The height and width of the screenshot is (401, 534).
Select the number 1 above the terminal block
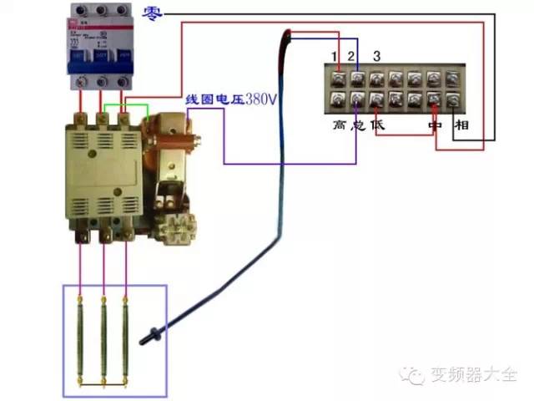pyautogui.click(x=335, y=57)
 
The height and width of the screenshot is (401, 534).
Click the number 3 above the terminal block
pyautogui.click(x=377, y=57)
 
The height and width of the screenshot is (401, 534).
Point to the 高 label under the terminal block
pyautogui.click(x=339, y=124)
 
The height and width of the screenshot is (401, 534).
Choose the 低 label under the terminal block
pyautogui.click(x=378, y=124)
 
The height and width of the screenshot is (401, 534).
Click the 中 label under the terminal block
pyautogui.click(x=434, y=125)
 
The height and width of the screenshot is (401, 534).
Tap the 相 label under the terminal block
pyautogui.click(x=460, y=125)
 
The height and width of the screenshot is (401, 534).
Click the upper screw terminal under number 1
pyautogui.click(x=339, y=80)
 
